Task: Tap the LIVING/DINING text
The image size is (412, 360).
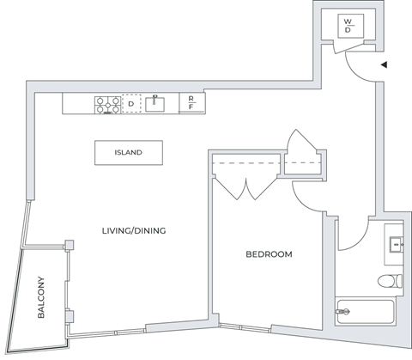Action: point(134,230)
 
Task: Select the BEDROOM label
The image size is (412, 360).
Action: point(269,254)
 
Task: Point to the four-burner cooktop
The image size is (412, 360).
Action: point(107,104)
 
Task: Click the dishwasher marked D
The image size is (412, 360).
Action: point(131,104)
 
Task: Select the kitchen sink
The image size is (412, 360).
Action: point(155,104)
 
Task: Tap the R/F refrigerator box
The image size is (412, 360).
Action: point(191,104)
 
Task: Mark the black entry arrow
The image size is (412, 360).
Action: point(385,64)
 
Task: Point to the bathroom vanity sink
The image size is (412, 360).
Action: point(397,243)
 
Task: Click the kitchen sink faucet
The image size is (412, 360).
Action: point(155,98)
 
